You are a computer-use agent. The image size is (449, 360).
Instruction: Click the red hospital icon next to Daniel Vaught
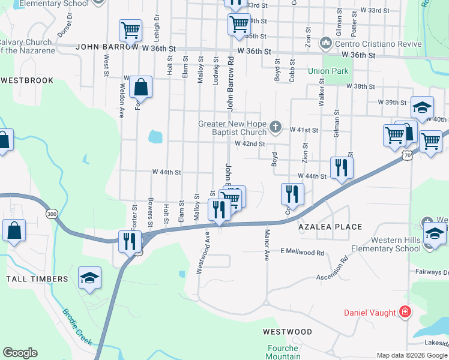click(x=405, y=312)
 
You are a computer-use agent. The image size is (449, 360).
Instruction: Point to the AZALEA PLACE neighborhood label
click(x=331, y=227)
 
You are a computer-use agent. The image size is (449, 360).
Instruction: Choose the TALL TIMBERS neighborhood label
click(x=37, y=279)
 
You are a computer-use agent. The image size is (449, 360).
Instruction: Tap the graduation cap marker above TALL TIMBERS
click(x=89, y=278)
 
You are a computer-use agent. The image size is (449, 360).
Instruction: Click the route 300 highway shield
click(x=52, y=214)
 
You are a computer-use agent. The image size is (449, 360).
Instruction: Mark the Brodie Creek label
click(x=77, y=327)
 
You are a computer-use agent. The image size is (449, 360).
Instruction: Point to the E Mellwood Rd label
click(x=302, y=253)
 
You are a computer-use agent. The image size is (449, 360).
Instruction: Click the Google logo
click(x=20, y=353)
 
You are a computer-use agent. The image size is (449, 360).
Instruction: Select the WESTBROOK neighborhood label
click(x=27, y=80)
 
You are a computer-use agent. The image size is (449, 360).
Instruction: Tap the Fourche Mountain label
click(x=282, y=352)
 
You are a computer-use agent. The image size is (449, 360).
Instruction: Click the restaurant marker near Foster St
click(x=130, y=241)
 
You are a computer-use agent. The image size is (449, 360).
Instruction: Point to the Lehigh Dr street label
click(x=156, y=26)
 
